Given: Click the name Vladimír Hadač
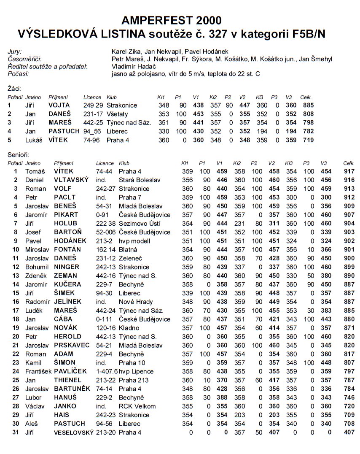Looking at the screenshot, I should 134,67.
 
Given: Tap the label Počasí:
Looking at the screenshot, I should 18,74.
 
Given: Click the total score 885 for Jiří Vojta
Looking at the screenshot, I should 307,105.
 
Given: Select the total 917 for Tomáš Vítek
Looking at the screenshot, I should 349,171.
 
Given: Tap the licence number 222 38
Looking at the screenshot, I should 105,224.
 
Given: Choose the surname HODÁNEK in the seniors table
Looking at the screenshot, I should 70,241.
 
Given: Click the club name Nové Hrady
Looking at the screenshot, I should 135,302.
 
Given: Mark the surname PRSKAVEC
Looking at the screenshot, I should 72,345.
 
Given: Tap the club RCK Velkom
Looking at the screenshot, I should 137,406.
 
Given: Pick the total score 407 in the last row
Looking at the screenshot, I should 349,432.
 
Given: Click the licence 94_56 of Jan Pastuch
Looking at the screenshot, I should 92,131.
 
